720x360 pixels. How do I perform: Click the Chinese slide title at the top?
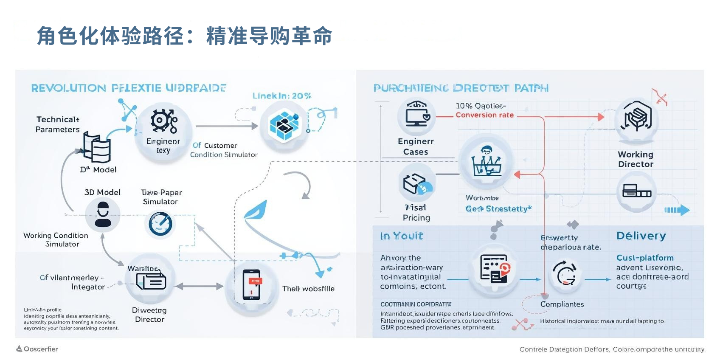pos(184,36)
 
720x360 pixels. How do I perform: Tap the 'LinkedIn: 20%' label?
pos(281,96)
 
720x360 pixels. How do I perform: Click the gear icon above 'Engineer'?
pos(163,121)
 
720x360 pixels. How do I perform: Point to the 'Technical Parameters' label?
pos(58,124)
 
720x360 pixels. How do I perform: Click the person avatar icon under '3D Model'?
pos(103,214)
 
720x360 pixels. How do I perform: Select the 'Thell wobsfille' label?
pos(308,289)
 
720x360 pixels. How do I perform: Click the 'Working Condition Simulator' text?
pos(56,239)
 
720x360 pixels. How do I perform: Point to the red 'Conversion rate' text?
pos(484,115)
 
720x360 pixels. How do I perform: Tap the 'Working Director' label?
pos(636,159)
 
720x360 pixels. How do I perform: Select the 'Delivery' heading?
pos(641,236)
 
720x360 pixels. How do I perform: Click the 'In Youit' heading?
pos(401,236)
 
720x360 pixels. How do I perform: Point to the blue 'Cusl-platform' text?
pos(645,258)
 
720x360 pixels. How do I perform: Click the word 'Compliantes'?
pos(562,304)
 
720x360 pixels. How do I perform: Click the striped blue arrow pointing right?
pos(677,210)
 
